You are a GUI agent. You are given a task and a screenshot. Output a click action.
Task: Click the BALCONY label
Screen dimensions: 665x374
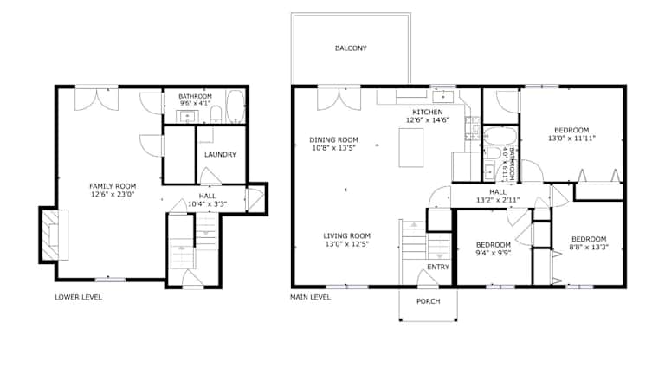click(x=351, y=48)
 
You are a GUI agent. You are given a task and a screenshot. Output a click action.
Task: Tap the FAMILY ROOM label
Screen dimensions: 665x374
click(x=113, y=186)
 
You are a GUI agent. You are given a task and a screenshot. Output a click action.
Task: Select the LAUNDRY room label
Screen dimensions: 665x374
click(x=220, y=155)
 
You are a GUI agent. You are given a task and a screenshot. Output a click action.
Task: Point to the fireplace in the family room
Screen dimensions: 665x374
click(x=55, y=235)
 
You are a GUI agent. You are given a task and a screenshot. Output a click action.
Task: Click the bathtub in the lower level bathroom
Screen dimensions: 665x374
click(x=236, y=106)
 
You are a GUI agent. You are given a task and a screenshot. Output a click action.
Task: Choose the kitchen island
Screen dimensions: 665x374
click(x=411, y=147)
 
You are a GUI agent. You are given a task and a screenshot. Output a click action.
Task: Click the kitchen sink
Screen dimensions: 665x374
click(x=442, y=97)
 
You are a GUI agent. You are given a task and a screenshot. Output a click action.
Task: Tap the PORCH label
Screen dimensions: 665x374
click(x=429, y=301)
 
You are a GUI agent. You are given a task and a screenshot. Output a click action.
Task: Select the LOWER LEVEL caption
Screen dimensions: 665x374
click(x=79, y=297)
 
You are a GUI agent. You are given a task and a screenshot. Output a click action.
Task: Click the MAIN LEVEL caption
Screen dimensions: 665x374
click(x=311, y=297)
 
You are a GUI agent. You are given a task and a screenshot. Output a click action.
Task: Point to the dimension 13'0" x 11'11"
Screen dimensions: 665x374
click(x=571, y=139)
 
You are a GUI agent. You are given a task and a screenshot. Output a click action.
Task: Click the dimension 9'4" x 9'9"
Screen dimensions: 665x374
click(x=494, y=253)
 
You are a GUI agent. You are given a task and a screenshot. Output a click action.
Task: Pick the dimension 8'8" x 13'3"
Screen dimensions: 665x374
click(x=589, y=248)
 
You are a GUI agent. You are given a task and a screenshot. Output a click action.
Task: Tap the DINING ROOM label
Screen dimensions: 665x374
click(x=333, y=140)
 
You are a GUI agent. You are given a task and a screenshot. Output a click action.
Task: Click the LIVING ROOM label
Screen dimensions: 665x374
click(x=347, y=236)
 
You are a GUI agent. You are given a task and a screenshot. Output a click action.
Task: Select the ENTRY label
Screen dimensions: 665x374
click(x=438, y=268)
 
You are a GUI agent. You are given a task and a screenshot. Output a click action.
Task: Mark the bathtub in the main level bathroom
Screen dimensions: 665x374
click(x=500, y=136)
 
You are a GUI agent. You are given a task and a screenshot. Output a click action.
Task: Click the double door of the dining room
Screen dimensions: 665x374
click(x=339, y=99)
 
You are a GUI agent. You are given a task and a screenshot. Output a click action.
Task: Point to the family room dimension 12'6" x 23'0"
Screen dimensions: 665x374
click(x=113, y=195)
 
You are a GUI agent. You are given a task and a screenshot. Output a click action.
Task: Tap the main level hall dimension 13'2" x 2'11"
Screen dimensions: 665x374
click(x=498, y=200)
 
